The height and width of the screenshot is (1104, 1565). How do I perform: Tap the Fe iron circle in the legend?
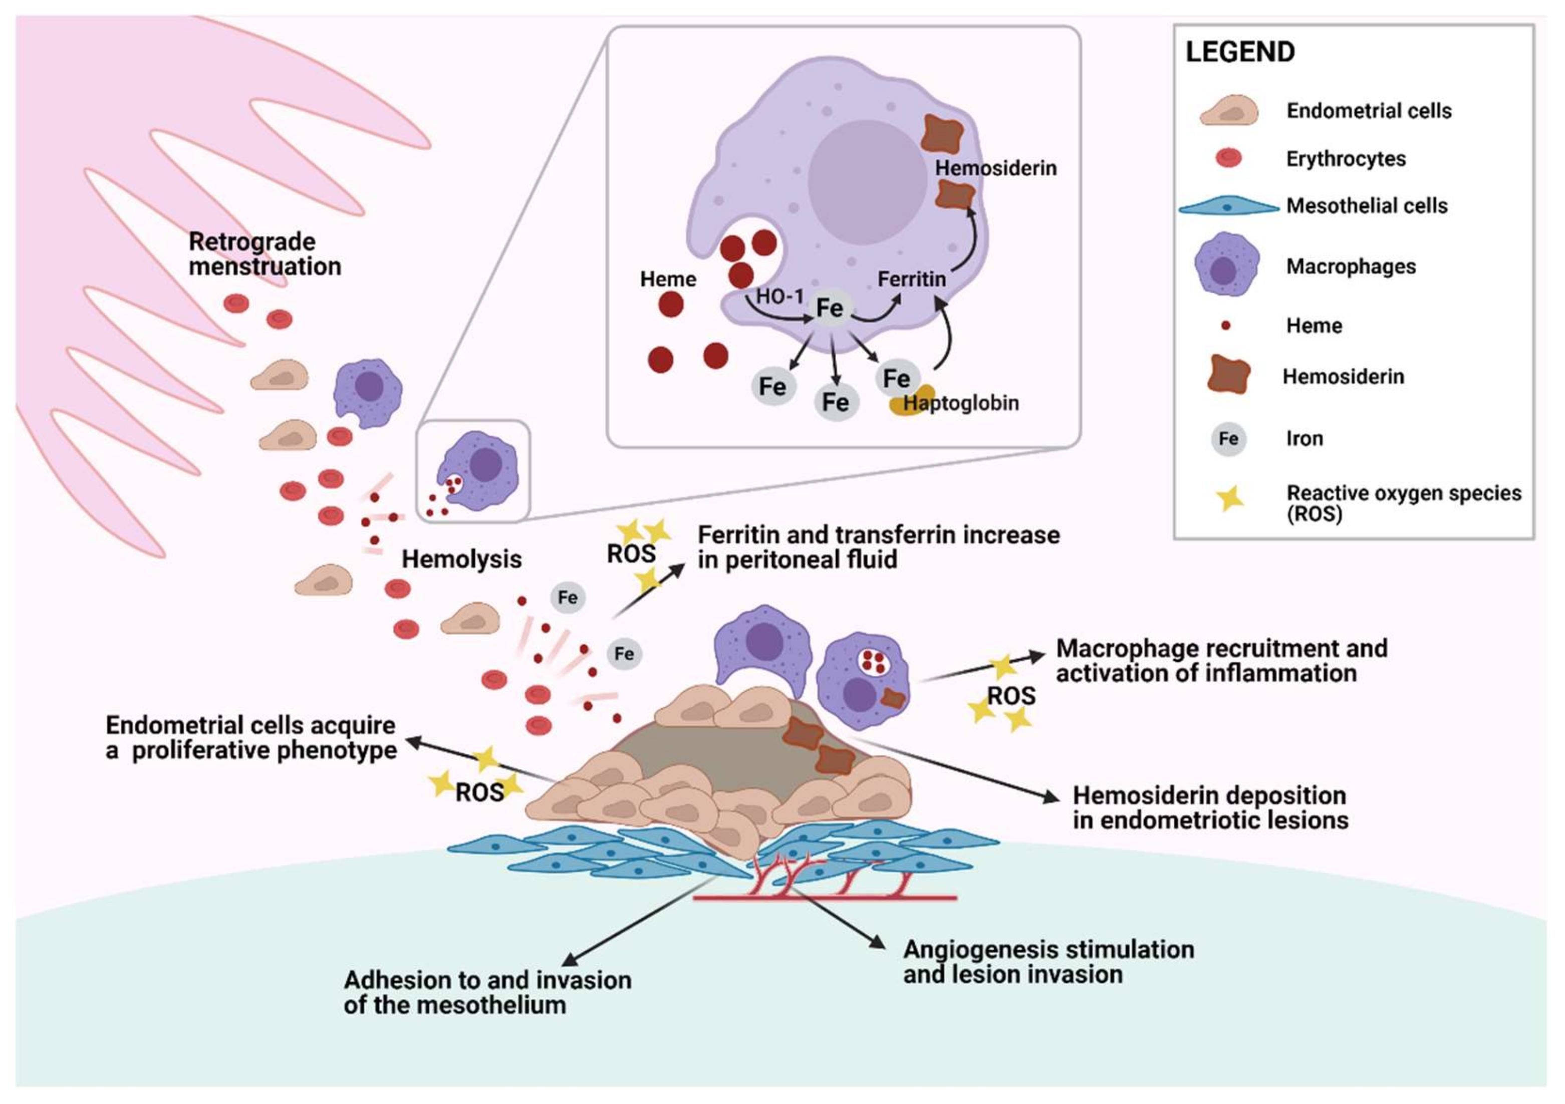tap(1228, 439)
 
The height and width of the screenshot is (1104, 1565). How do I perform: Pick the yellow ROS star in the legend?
tap(1230, 499)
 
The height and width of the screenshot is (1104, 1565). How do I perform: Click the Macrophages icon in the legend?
tap(1226, 265)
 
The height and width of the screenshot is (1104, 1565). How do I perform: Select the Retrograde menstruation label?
tap(265, 254)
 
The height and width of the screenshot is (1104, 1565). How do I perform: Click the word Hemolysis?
tap(461, 560)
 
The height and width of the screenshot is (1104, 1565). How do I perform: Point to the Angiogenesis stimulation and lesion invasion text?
tap(1048, 962)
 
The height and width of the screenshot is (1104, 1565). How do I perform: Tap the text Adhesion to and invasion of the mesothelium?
tap(487, 992)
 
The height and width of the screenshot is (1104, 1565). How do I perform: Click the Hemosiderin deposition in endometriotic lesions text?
tap(1210, 807)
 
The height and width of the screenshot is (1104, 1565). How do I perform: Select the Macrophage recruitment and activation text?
tap(1221, 660)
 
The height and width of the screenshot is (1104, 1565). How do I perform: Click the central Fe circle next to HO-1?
tap(830, 309)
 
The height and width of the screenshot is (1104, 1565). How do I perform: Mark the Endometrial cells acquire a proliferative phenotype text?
tap(251, 737)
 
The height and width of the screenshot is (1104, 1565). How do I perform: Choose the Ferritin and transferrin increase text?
tap(878, 547)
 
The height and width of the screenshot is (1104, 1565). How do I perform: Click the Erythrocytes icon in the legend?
tap(1228, 159)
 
